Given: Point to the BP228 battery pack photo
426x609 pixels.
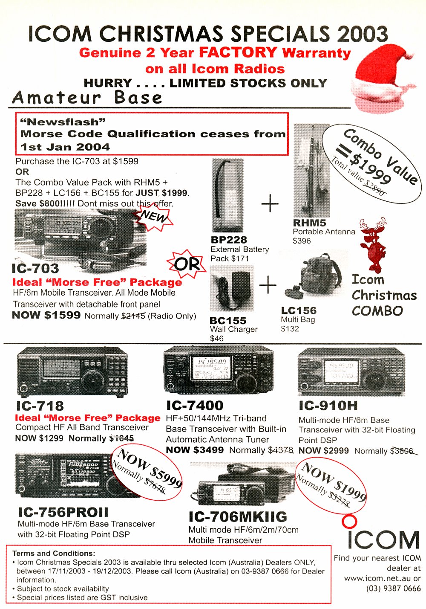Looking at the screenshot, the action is click(227, 195).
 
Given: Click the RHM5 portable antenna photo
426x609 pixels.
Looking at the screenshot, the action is click(312, 171).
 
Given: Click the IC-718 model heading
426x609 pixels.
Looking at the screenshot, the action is click(40, 406).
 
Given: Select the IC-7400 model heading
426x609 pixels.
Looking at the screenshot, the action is click(195, 406).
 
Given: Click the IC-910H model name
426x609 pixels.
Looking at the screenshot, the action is click(328, 406).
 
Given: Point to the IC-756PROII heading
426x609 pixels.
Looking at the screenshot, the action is click(63, 512).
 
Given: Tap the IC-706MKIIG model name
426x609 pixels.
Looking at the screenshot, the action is click(238, 516).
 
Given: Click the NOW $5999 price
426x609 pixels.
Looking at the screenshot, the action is click(150, 468).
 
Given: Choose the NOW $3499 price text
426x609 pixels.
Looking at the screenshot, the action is click(195, 449).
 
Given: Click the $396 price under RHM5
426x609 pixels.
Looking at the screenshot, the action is click(301, 241).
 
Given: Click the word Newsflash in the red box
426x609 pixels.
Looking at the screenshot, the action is click(63, 122).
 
